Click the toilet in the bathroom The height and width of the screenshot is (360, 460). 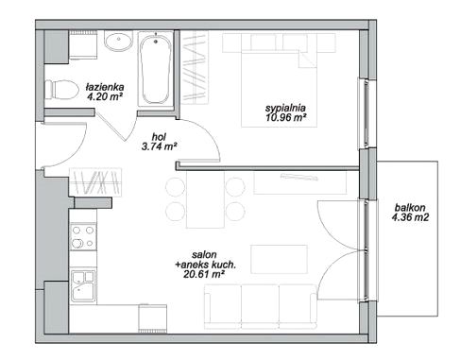[x=61, y=89]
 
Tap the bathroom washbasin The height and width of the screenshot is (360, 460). [x=119, y=42]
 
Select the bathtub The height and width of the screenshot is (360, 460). [x=156, y=70]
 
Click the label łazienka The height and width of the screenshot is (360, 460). [x=105, y=86]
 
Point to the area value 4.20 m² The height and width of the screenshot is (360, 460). [x=105, y=95]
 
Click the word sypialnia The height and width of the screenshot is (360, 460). [x=285, y=108]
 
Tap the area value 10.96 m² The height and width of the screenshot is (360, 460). [x=286, y=118]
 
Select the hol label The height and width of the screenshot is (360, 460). [x=159, y=136]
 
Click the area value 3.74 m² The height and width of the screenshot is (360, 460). [x=159, y=146]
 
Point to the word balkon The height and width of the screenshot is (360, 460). [x=410, y=208]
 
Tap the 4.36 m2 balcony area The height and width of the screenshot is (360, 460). [x=411, y=217]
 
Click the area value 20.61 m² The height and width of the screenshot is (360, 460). [x=203, y=274]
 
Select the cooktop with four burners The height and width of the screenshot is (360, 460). [x=83, y=236]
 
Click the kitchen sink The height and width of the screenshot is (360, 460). [x=83, y=286]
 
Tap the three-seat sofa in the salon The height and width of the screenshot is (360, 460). [x=261, y=307]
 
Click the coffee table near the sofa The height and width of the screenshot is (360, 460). [x=279, y=259]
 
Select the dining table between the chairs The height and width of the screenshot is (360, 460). [x=205, y=199]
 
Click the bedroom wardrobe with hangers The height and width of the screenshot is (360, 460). [x=196, y=67]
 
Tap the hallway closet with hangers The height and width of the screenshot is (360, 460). [x=95, y=182]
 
